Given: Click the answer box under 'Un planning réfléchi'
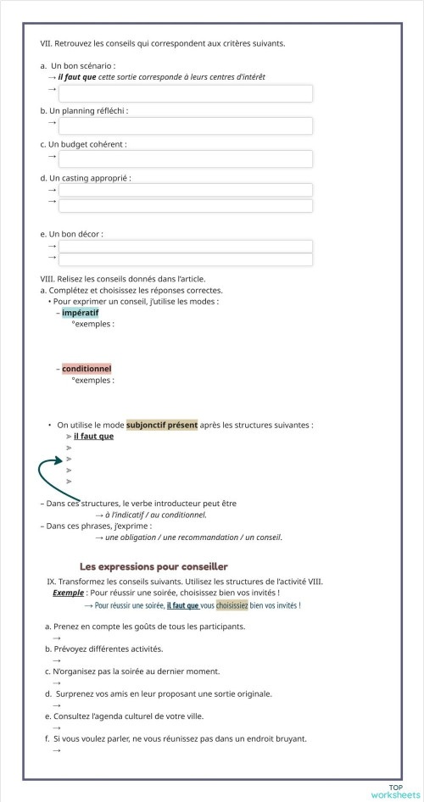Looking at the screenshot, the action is (x=185, y=125).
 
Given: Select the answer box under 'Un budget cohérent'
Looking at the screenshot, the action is (x=185, y=159).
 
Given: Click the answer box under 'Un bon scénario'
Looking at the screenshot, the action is (x=185, y=92).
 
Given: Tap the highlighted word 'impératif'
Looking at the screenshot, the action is (x=80, y=313).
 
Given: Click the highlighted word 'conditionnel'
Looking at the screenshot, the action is (x=86, y=369).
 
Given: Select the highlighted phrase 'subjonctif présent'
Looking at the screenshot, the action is (x=161, y=425).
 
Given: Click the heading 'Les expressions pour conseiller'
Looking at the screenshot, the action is (x=153, y=566).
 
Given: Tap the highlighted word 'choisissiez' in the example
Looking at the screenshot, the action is (x=232, y=605).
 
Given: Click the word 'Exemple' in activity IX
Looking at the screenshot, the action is (x=68, y=593).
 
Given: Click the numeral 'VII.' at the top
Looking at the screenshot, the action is (x=47, y=43).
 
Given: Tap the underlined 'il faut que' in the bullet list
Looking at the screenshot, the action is (x=93, y=436).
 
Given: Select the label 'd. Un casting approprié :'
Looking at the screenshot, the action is (x=86, y=178).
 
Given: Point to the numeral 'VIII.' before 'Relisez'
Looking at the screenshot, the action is (x=47, y=279).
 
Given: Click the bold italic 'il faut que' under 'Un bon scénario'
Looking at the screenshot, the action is (x=77, y=76).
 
